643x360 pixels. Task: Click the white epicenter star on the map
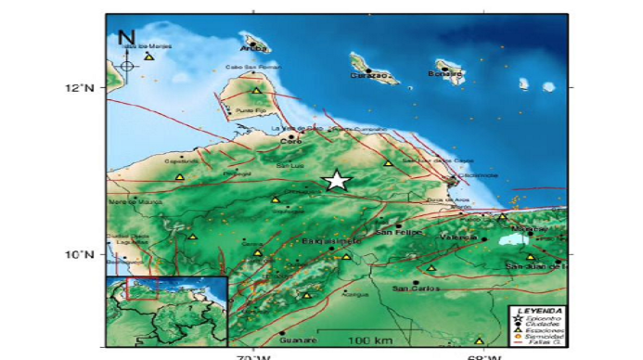click(337, 181)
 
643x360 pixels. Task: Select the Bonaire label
click(444, 74)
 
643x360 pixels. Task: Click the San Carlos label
click(412, 289)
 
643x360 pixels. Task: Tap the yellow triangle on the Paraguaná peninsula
click(257, 91)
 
